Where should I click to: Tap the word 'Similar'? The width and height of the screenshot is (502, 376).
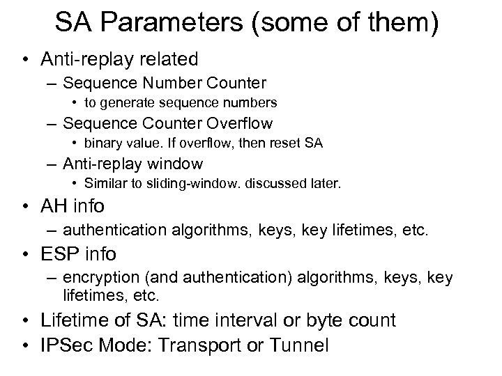(103, 184)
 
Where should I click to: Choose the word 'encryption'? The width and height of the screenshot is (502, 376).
(94, 278)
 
